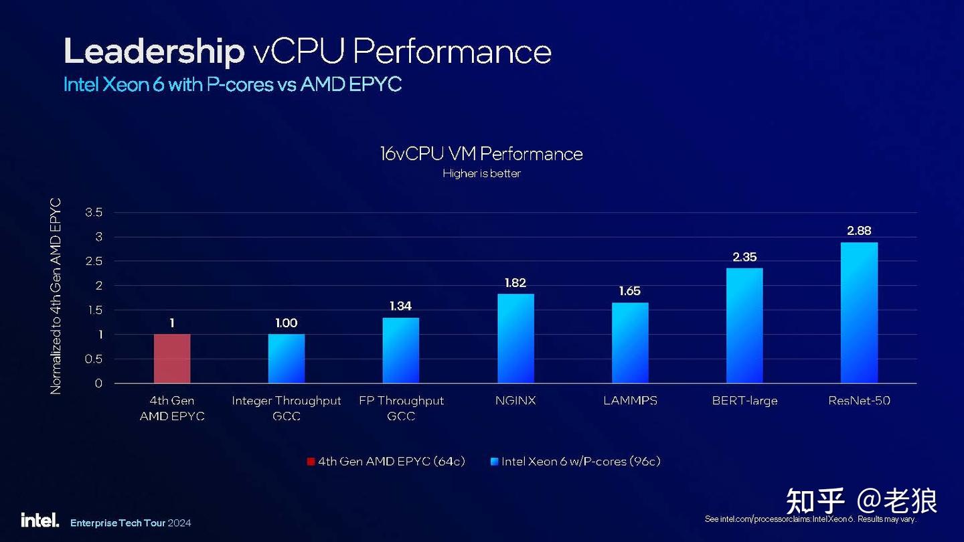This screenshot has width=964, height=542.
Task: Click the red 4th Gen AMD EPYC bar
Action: point(172,359)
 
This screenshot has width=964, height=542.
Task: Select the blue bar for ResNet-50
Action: point(859,312)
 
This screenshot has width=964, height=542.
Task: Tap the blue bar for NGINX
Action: point(515,339)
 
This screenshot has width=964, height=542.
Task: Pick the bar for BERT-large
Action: point(744,326)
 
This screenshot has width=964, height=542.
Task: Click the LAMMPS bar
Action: point(630,343)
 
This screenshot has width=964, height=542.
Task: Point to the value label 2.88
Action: point(859,231)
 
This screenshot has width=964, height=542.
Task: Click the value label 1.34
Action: point(401,306)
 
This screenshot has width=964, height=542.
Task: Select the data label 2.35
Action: point(744,257)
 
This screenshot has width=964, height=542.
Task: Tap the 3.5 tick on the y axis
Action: point(94,213)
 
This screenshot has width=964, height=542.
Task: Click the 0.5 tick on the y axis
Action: point(94,359)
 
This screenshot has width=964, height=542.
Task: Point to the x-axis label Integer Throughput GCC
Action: point(287,408)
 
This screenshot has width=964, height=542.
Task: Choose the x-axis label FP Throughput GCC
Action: point(401,408)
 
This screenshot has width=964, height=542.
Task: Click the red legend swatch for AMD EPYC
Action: point(311,461)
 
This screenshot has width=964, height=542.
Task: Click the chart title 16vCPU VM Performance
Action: point(481,154)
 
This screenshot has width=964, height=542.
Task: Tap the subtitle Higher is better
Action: point(481,174)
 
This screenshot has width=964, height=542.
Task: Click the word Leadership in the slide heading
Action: point(154,52)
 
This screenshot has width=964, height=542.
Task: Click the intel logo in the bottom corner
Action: point(39,521)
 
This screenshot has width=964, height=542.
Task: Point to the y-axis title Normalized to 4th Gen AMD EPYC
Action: point(56,296)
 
